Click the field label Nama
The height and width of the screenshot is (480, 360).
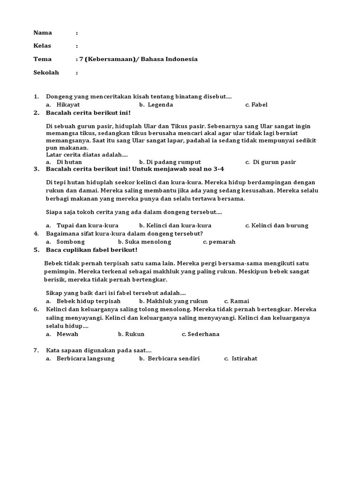pyautogui.click(x=42, y=33)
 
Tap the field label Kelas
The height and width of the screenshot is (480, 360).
pyautogui.click(x=42, y=46)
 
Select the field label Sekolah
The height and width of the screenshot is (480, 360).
pyautogui.click(x=46, y=73)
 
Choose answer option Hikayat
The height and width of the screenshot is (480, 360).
pyautogui.click(x=68, y=105)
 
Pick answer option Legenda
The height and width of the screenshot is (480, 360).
pyautogui.click(x=160, y=105)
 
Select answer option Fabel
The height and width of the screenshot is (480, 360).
pyautogui.click(x=259, y=105)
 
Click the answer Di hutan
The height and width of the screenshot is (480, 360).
pyautogui.click(x=69, y=162)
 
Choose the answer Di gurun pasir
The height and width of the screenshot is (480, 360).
pyautogui.click(x=274, y=162)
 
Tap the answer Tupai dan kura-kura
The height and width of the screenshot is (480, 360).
pyautogui.click(x=87, y=225)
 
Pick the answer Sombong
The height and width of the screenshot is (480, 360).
pyautogui.click(x=70, y=242)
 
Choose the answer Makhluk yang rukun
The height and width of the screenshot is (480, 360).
pyautogui.click(x=177, y=301)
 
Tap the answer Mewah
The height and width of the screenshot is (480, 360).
pyautogui.click(x=67, y=334)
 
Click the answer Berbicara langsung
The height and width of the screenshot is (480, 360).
pyautogui.click(x=85, y=359)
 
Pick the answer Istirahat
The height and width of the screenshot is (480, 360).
pyautogui.click(x=244, y=359)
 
